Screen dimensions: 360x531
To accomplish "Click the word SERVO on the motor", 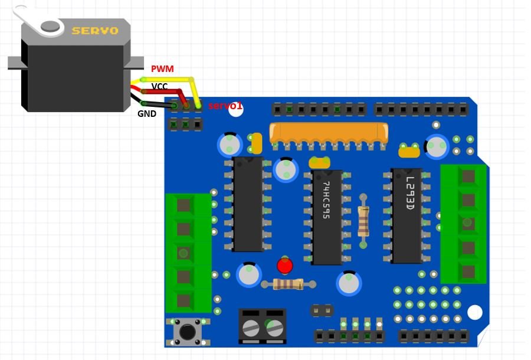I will click(x=94, y=30).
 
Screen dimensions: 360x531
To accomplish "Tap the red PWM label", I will click(x=162, y=69).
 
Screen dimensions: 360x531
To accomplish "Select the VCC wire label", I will click(x=159, y=87).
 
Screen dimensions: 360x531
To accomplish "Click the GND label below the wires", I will click(x=147, y=113).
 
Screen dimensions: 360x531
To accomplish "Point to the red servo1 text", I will click(x=225, y=106).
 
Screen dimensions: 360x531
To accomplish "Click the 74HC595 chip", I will click(x=326, y=217).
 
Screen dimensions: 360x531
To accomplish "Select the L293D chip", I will click(x=407, y=215).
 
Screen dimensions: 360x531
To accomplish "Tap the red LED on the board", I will click(x=284, y=266).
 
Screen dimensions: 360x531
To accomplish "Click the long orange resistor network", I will click(x=329, y=133).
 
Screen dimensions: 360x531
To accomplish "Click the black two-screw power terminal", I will click(x=263, y=326).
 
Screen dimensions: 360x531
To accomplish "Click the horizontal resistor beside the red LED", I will click(x=289, y=284).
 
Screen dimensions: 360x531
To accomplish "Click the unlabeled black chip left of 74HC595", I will click(x=248, y=204).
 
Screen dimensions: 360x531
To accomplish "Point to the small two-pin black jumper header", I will click(x=322, y=310).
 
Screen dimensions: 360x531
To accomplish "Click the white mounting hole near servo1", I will click(x=236, y=110).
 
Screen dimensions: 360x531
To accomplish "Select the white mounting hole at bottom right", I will click(x=474, y=312).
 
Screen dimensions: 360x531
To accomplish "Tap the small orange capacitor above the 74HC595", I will click(x=319, y=163).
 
